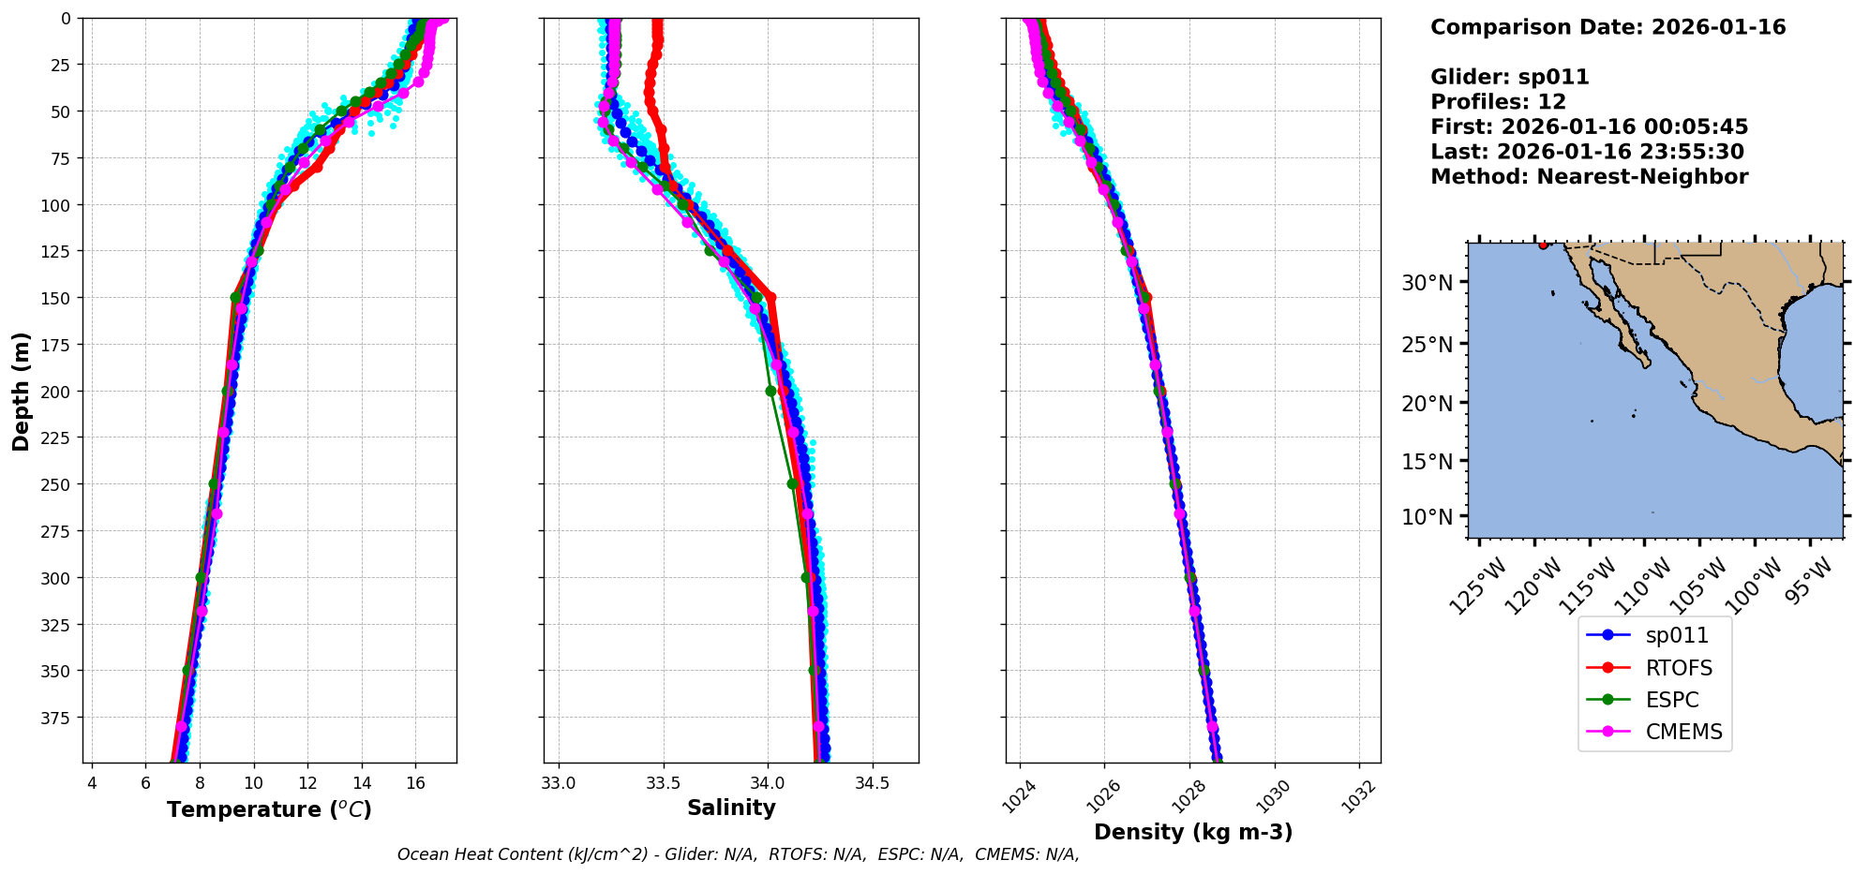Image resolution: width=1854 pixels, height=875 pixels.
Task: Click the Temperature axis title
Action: point(269,809)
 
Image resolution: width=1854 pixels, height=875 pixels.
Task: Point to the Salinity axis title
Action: point(731,808)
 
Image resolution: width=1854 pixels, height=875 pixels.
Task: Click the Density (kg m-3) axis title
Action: point(1193,832)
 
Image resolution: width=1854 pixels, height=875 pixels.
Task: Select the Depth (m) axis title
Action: point(21,391)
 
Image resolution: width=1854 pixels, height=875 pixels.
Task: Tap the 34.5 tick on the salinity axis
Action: point(872,783)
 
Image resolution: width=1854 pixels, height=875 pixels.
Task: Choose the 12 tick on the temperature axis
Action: point(307,783)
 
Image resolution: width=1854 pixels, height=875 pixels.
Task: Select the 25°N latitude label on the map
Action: point(1427,344)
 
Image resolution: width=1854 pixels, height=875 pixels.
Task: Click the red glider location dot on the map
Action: point(1543,245)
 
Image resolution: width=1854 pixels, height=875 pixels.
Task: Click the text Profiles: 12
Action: point(1498,102)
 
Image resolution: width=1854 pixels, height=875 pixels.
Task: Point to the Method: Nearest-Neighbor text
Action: point(1589,177)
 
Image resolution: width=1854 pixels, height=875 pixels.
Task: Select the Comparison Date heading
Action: point(1607,27)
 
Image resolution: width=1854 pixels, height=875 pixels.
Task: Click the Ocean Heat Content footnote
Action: point(738,854)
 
